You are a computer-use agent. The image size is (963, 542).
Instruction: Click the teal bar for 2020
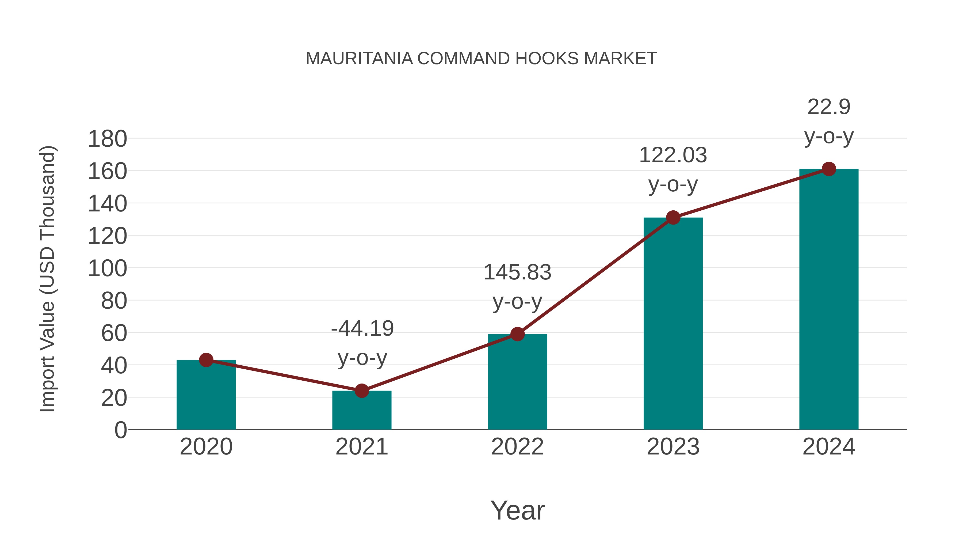[206, 396]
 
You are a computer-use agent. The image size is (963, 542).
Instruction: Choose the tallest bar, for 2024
[829, 299]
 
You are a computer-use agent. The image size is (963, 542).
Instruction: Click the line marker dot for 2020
[206, 360]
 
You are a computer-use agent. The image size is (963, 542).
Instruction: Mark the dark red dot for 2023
[673, 217]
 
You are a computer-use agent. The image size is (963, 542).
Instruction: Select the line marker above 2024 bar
[829, 169]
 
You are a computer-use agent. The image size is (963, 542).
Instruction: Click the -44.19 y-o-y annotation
[362, 343]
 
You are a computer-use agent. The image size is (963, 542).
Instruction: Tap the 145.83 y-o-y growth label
[517, 287]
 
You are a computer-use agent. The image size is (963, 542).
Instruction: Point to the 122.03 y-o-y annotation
[673, 170]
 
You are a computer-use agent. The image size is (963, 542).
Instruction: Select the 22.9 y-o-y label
[829, 122]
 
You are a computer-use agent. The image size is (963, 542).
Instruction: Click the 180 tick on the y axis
[107, 139]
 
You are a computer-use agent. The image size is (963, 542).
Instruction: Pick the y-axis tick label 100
[107, 268]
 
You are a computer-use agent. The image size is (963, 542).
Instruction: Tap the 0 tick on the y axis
[120, 430]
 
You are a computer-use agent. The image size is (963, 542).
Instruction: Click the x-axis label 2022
[517, 447]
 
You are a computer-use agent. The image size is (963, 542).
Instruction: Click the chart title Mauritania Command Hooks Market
[481, 59]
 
